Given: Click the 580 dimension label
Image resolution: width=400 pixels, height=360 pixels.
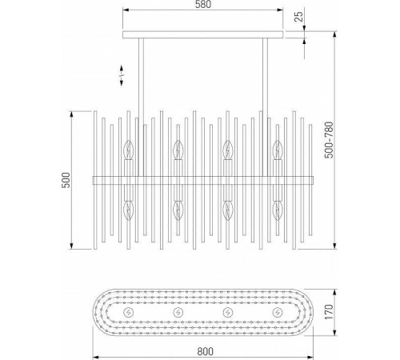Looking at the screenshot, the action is pyautogui.click(x=202, y=5).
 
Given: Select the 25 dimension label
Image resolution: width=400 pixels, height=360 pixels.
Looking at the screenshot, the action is pyautogui.click(x=300, y=17).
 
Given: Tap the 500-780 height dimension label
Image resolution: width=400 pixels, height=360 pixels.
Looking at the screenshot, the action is pyautogui.click(x=329, y=140).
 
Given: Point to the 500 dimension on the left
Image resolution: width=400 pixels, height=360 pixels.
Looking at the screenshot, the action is pyautogui.click(x=66, y=180).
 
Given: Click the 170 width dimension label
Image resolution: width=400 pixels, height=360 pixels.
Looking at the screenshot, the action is pyautogui.click(x=329, y=312).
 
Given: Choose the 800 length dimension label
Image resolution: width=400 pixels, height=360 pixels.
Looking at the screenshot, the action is pyautogui.click(x=206, y=351).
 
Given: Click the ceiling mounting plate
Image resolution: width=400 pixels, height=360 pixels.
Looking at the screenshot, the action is pyautogui.click(x=202, y=34).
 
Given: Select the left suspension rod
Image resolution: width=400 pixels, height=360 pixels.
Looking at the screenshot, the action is pyautogui.click(x=141, y=107).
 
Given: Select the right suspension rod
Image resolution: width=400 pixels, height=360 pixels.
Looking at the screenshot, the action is pyautogui.click(x=266, y=107).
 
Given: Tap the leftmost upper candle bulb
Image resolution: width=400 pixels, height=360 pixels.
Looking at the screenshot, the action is pyautogui.click(x=129, y=150).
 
